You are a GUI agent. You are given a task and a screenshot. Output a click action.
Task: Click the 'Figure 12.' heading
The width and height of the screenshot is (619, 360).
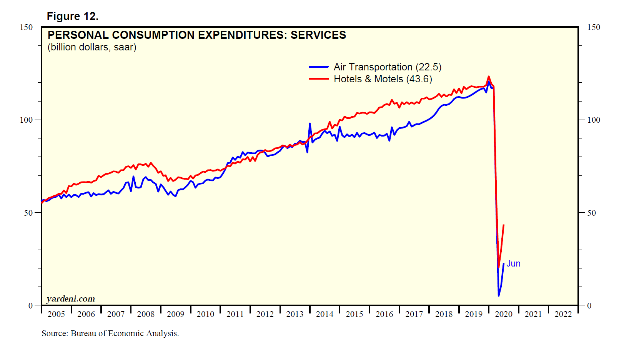pos(72,16)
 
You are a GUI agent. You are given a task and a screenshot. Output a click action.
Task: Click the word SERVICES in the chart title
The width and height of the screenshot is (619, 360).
pos(318,35)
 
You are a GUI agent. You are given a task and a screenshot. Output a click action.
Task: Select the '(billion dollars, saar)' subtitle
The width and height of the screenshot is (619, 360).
pos(92,47)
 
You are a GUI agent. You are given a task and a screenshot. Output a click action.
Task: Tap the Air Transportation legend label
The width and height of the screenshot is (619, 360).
pos(387,67)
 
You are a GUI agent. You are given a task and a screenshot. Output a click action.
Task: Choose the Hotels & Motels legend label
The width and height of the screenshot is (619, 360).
pos(383,79)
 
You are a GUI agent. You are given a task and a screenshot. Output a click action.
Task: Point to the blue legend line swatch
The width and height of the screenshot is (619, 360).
pos(319,67)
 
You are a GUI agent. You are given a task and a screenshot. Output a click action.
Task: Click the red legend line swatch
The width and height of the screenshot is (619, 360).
pos(319,79)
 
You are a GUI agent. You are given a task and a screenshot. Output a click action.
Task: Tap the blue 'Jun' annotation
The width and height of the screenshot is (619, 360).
pos(513,263)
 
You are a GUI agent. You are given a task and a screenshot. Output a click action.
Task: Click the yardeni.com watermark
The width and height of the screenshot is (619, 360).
pos(70,298)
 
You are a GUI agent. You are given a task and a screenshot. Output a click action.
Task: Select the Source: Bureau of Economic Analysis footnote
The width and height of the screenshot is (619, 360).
pos(110,333)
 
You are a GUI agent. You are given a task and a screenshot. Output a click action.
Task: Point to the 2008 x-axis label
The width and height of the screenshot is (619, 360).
pos(146,314)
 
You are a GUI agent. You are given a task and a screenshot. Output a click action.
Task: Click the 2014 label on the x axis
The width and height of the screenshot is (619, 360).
pos(324,314)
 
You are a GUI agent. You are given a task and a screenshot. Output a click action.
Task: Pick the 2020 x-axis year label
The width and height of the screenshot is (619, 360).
pos(503,314)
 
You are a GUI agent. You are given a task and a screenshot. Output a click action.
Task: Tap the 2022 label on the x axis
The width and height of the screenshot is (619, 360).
pos(563,314)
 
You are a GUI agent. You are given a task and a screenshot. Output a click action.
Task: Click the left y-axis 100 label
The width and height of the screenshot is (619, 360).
pos(26,120)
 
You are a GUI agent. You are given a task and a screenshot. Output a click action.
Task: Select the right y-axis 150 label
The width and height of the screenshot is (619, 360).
pos(594,27)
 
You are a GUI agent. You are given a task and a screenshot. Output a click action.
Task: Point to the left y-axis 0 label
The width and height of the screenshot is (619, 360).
pos(31,306)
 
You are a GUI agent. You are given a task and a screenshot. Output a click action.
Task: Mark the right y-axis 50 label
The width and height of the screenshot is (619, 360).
pos(591,213)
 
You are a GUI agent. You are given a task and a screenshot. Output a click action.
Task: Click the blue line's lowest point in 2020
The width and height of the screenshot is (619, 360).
pos(499,295)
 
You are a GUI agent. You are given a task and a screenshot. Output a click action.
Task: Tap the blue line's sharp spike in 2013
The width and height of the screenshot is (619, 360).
pos(310,124)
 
